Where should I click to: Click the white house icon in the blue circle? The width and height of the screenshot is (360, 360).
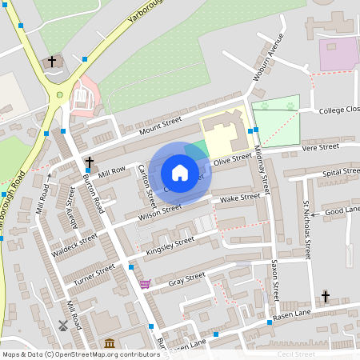pos(180,173)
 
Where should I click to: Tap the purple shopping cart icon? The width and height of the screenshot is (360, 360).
pos(144,283)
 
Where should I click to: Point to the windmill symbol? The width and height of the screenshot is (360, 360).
pos(62,326)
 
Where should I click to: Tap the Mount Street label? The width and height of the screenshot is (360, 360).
pos(161,126)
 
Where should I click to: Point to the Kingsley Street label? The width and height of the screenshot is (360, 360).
pos(170,246)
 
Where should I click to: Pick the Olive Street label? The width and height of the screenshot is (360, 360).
pos(233,160)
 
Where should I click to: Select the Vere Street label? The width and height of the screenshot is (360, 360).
pos(321,147)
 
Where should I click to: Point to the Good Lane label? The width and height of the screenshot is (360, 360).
pos(342,210)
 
